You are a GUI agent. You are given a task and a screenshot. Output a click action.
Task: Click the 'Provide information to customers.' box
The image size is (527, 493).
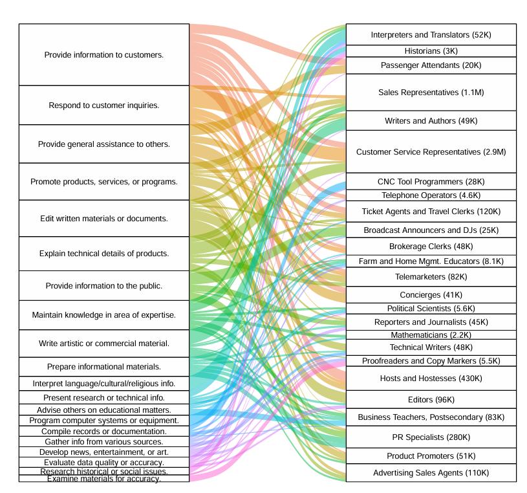104,54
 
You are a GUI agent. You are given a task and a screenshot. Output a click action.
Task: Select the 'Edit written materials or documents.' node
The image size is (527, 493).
104,218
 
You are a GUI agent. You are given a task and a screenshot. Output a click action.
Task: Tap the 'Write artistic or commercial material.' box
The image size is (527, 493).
104,344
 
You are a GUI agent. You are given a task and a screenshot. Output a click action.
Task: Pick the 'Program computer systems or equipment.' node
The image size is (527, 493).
104,421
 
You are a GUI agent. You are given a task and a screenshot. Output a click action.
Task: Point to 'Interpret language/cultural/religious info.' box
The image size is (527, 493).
104,384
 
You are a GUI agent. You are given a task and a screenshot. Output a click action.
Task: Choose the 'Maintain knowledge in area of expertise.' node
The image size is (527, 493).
104,315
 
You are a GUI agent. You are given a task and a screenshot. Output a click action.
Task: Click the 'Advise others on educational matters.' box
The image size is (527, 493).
104,410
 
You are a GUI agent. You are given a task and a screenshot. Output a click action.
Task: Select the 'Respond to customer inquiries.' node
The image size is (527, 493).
104,105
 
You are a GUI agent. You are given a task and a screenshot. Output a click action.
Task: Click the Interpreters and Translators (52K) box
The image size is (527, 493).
431,34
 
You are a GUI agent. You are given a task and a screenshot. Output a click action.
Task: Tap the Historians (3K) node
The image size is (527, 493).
431,50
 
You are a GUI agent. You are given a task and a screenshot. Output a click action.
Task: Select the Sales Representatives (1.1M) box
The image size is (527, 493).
431,92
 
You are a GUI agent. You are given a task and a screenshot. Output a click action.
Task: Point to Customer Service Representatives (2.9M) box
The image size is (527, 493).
431,151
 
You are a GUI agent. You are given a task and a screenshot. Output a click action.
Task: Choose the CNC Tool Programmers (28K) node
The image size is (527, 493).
431,181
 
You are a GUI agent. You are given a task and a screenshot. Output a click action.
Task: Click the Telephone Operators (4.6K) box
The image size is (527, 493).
431,195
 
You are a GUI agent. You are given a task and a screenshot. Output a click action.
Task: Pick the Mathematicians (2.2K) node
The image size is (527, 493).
431,334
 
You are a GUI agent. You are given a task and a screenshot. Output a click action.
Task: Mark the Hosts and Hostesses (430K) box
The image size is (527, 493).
431,378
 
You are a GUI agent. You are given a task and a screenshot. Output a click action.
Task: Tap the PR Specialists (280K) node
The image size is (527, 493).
431,437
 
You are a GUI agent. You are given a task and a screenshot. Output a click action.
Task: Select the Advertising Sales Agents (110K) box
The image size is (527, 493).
431,472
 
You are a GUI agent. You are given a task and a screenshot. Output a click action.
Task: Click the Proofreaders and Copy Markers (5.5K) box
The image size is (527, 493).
431,361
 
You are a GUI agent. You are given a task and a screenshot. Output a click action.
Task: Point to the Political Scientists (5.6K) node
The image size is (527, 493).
431,309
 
